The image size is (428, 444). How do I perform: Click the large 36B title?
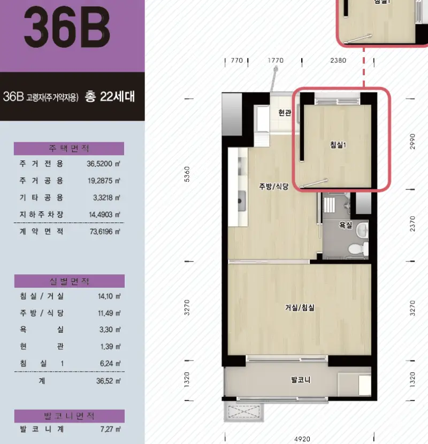pyautogui.click(x=67, y=27)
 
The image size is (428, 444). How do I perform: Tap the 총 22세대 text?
pyautogui.click(x=110, y=97)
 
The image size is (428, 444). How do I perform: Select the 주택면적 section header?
pyautogui.click(x=69, y=148)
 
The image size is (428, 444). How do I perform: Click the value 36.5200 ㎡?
pyautogui.click(x=103, y=164)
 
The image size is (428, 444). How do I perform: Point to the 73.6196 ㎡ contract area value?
pyautogui.click(x=105, y=232)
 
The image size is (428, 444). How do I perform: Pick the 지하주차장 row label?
pyautogui.click(x=41, y=215)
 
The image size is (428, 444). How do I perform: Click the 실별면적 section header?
pyautogui.click(x=70, y=281)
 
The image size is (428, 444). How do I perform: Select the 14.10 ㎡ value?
pyautogui.click(x=109, y=296)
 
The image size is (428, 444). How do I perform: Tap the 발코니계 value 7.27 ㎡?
pyautogui.click(x=110, y=429)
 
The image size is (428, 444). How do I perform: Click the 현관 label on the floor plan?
pyautogui.click(x=285, y=113)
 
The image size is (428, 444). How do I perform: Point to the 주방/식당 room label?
pyautogui.click(x=273, y=186)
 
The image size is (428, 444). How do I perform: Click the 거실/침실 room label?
pyautogui.click(x=300, y=308)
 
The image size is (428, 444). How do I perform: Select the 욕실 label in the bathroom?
pyautogui.click(x=346, y=225)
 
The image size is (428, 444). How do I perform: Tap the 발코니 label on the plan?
pyautogui.click(x=301, y=380)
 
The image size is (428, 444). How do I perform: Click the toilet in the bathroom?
pyautogui.click(x=358, y=249)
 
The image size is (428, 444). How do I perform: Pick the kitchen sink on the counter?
pyautogui.click(x=241, y=201)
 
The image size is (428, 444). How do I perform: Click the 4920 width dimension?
pyautogui.click(x=302, y=439)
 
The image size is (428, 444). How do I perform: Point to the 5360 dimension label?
pyautogui.click(x=187, y=174)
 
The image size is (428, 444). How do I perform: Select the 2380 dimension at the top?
pyautogui.click(x=338, y=60)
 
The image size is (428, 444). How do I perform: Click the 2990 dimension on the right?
pyautogui.click(x=412, y=141)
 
